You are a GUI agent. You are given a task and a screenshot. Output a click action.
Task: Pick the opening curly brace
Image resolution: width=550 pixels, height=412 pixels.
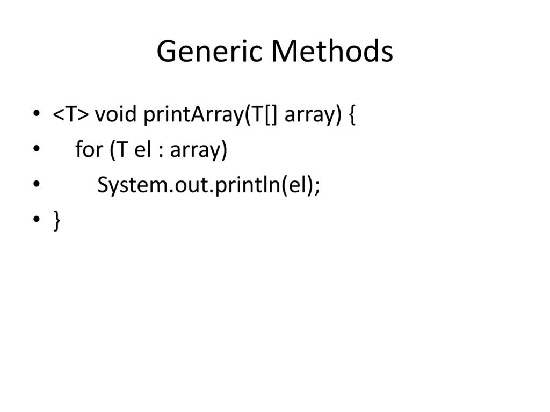tap(352, 115)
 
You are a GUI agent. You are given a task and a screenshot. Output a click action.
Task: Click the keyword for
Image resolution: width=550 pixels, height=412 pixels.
tap(89, 150)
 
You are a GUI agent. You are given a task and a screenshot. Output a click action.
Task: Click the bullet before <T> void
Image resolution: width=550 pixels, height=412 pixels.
tap(36, 114)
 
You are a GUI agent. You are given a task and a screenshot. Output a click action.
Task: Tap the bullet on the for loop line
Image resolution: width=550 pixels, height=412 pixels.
tap(36, 150)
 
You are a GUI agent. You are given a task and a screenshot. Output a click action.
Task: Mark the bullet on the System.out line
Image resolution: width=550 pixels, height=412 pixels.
tap(36, 185)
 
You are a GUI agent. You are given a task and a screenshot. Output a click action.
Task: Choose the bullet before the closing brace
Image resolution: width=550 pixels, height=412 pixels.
tap(36, 220)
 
